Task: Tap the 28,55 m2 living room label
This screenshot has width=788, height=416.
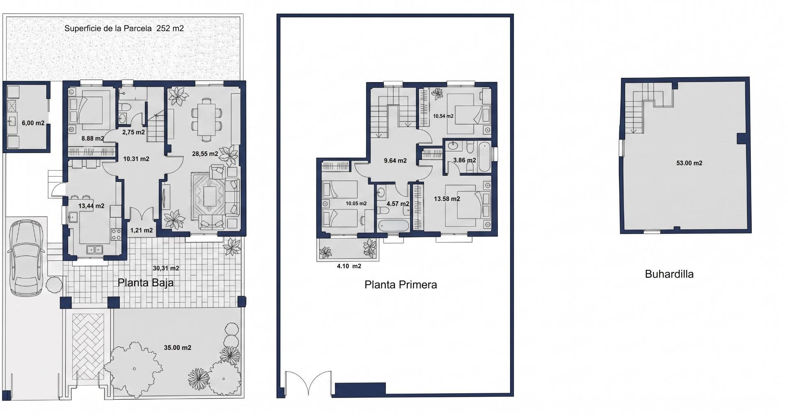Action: pos(205,154)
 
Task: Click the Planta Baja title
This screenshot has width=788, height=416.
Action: pos(146,283)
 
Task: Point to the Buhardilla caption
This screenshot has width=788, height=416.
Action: pos(669,274)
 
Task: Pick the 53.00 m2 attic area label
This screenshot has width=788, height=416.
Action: pos(689,163)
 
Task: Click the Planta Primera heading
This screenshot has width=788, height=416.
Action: pos(401,285)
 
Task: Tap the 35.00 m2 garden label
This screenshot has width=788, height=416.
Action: pos(178,347)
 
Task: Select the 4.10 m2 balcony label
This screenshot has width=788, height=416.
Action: pos(349,266)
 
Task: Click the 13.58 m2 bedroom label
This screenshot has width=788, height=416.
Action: pos(447,199)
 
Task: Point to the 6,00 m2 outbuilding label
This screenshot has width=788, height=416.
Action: pos(33,123)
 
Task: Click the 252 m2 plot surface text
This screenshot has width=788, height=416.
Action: pos(170,28)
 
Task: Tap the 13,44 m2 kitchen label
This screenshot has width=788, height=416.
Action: pos(91,206)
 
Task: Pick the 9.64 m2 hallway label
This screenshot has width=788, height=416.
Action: pos(395,161)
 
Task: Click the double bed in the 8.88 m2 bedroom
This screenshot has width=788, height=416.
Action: pos(90,110)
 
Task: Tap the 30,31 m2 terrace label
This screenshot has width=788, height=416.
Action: pos(166,268)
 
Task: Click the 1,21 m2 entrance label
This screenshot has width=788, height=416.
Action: pos(141,230)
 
